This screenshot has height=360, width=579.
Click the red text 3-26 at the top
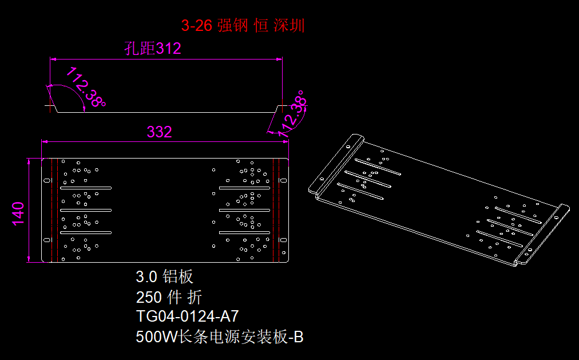pos(196,26)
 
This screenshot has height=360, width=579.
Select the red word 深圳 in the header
pos(289,26)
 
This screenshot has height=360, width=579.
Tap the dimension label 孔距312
pos(153,49)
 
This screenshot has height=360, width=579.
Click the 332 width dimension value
pos(159,132)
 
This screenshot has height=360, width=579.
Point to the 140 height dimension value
pos(19,213)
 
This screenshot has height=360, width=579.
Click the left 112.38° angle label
pos(86,87)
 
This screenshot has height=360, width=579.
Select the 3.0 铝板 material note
pos(165,277)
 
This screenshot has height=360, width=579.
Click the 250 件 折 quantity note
pos(169,297)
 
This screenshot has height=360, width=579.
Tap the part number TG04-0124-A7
pos(187,317)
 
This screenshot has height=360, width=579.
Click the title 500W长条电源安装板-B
pos(220,337)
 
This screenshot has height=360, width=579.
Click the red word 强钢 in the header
pos(231,26)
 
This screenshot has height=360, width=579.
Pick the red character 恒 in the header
pos(261,26)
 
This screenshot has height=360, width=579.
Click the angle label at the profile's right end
pos(294,113)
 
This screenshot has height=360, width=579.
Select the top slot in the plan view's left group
pos(86,188)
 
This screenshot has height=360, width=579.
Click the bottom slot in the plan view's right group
pos(244,232)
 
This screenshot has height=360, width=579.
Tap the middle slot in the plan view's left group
pos(86,210)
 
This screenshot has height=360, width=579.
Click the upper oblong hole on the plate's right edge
pos(282,181)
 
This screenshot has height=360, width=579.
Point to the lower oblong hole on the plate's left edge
pos(47,239)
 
